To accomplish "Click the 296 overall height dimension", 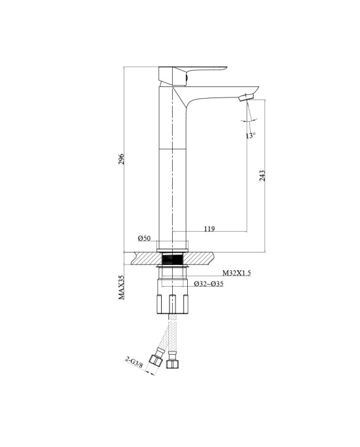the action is (x=122, y=159).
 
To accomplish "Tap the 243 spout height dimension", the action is (x=262, y=175).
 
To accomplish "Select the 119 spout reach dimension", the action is (x=209, y=228).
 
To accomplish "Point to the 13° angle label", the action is (x=251, y=135).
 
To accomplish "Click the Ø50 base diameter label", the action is (x=144, y=238).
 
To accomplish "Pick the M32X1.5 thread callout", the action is (x=236, y=273).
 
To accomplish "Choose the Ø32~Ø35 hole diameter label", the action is (x=209, y=283).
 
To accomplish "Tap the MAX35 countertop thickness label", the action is (x=122, y=287).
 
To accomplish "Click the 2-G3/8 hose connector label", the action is (x=134, y=362).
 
